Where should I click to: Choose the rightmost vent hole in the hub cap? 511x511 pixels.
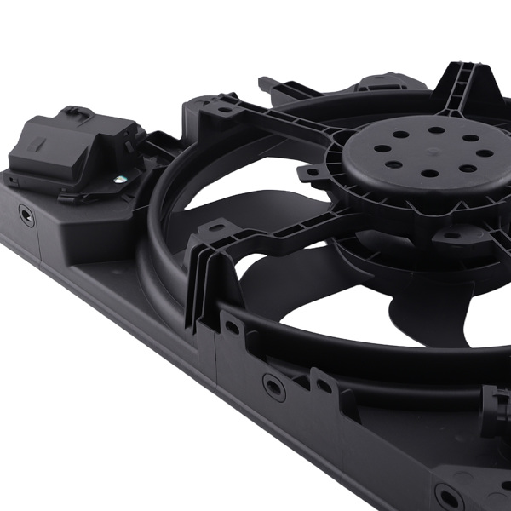(x=485, y=154)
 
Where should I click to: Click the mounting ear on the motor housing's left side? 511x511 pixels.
(x=313, y=173)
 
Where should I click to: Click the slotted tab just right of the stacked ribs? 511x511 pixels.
(x=230, y=324)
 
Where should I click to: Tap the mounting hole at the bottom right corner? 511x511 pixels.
(x=448, y=492)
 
